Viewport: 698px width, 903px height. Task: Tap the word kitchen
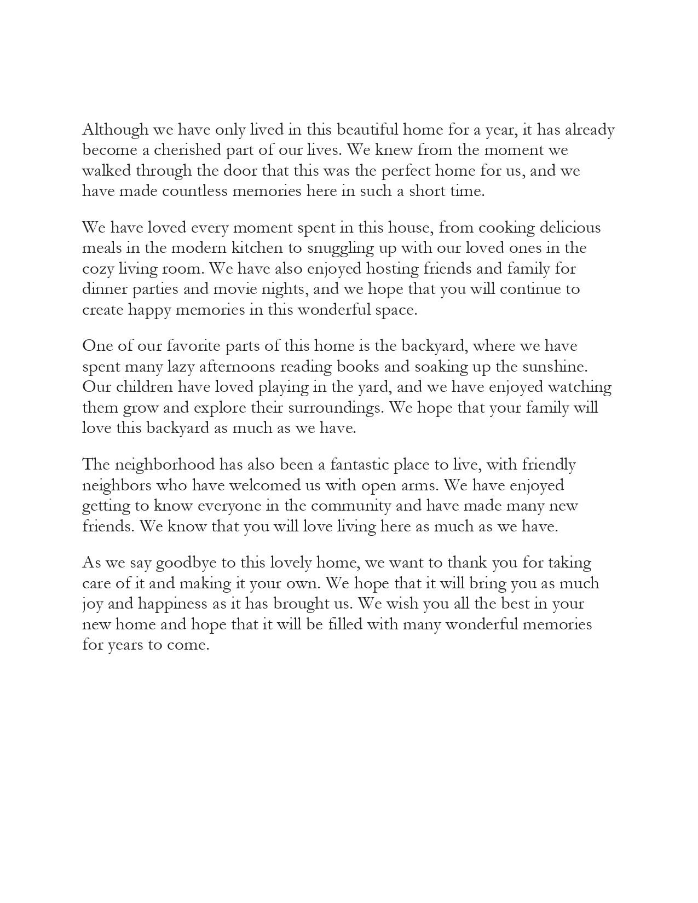pos(257,248)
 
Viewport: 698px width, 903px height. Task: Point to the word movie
pos(234,290)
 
